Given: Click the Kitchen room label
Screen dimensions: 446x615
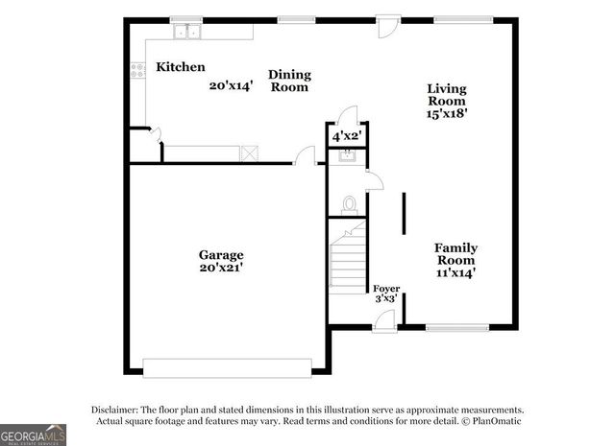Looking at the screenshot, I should tap(181, 67).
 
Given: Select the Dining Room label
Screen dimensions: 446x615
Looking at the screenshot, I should tap(288, 81).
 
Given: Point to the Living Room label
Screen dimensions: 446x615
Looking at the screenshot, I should tap(447, 95).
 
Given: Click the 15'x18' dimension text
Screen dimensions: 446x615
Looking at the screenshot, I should tap(447, 113).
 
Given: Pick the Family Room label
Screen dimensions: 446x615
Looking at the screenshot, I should tap(456, 254).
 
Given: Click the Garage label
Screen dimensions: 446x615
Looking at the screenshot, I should tap(221, 255).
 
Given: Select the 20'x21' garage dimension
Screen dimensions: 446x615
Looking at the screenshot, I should tap(221, 269).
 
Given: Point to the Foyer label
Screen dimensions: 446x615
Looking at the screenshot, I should tap(386, 288).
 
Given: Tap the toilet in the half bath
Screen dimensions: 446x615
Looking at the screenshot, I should tap(350, 203).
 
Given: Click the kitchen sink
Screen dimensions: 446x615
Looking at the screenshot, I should tap(186, 33).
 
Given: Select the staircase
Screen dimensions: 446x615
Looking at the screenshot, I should tap(347, 259).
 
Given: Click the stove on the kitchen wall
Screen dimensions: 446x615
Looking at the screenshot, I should tap(136, 69).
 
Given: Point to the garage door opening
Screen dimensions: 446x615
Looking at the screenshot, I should tap(227, 366).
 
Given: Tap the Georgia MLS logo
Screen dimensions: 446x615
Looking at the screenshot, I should tap(34, 434).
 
